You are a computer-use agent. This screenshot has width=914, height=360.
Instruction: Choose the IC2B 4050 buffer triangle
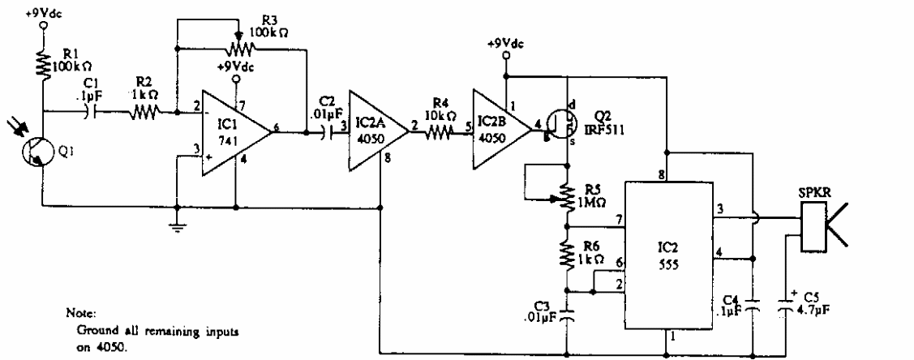point(500,125)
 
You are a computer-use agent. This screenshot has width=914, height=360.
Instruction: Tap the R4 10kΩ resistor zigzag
point(435,126)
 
